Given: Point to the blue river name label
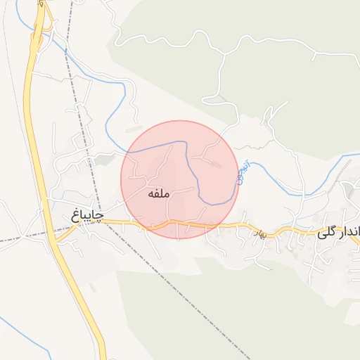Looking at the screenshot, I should point(241,173).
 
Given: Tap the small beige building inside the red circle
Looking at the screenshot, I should point(216,165).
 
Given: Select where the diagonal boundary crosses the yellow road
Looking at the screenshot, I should point(105,222).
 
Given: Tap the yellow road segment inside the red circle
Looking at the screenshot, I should point(176,224).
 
